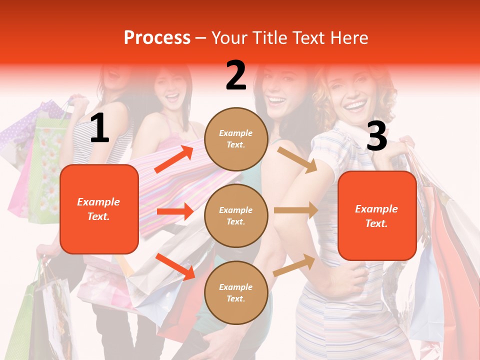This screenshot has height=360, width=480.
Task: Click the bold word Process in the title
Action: [x=157, y=38]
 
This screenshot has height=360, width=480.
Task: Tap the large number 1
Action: [x=99, y=128]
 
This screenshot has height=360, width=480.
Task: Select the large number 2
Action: [x=236, y=75]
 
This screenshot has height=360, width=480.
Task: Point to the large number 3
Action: [x=376, y=136]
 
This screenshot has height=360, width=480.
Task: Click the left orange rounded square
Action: [x=99, y=209]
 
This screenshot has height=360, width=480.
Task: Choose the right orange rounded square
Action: [x=377, y=215]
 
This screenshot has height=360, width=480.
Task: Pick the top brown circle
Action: [x=236, y=139]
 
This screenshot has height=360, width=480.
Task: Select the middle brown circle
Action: [x=236, y=215]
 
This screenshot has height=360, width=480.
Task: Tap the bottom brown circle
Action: [x=236, y=292]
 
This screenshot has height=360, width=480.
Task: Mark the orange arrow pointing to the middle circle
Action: [x=174, y=211]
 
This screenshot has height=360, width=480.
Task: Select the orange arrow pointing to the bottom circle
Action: [x=174, y=266]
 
